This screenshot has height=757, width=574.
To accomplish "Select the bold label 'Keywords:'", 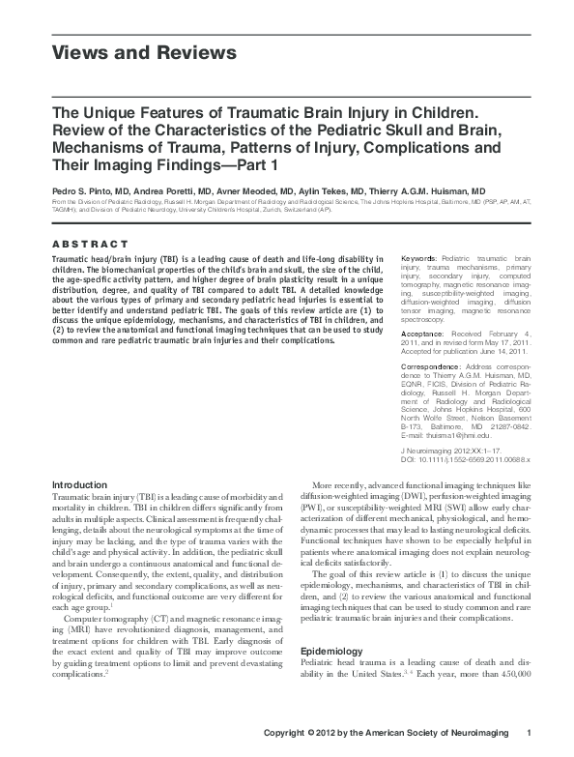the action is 418,260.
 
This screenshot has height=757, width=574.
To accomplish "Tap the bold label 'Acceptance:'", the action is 423,331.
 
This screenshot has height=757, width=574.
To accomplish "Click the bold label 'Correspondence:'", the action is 430,366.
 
